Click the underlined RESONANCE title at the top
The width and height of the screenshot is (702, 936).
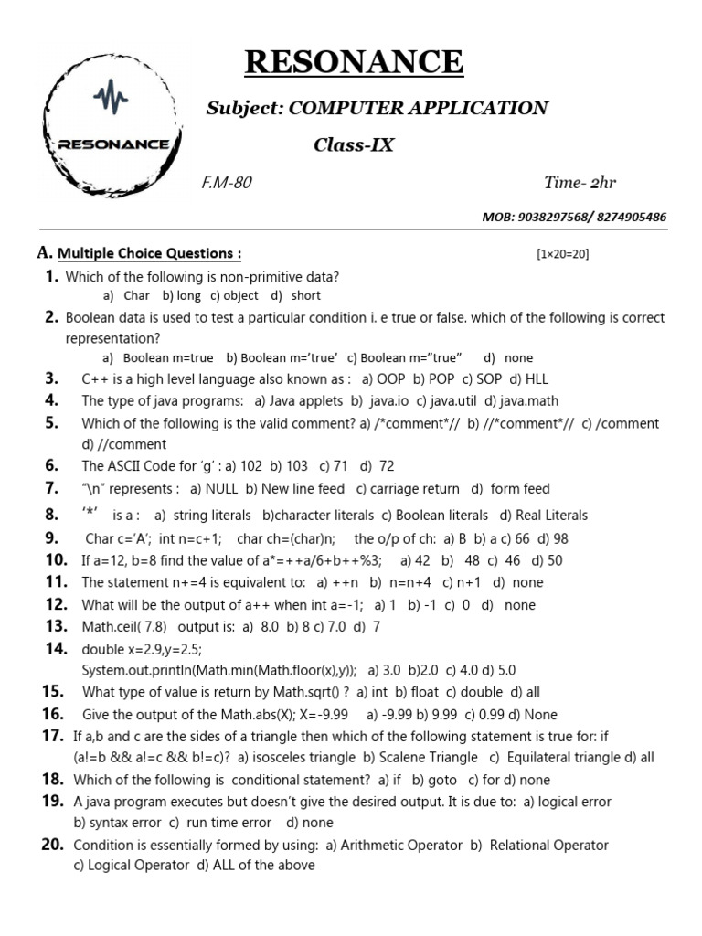coord(354,62)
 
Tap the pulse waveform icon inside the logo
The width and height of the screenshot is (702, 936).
coord(112,96)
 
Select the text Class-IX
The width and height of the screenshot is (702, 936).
coord(354,144)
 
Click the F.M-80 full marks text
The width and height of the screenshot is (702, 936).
coord(226,183)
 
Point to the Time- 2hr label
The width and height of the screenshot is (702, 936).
coord(580,183)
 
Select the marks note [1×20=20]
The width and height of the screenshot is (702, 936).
coord(563,254)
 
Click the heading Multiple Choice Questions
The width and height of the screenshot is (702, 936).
coord(149,253)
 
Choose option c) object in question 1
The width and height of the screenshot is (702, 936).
coord(234,296)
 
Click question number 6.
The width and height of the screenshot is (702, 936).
coord(51,465)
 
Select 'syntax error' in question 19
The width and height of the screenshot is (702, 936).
coord(114,823)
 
